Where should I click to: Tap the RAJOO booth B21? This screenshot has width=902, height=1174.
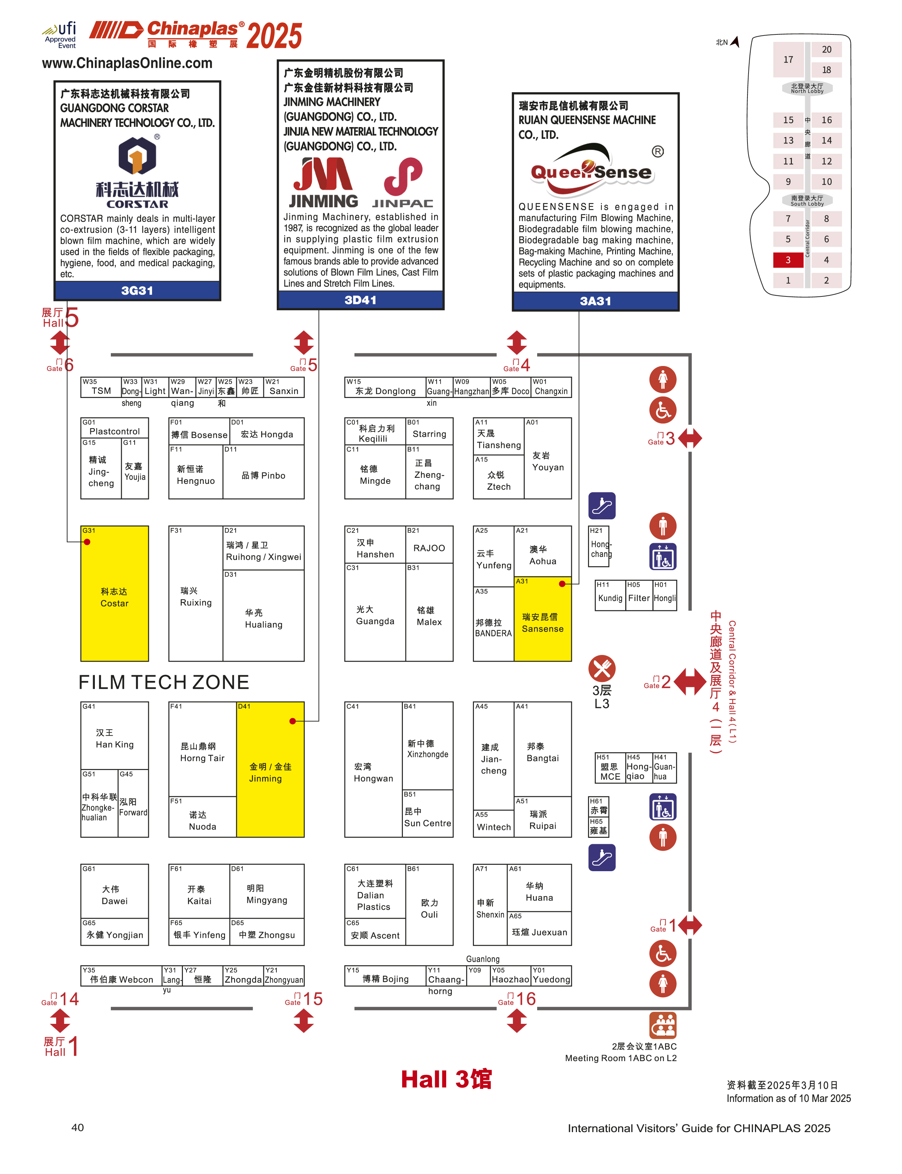pyautogui.click(x=429, y=544)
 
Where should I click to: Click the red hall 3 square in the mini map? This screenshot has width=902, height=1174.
pyautogui.click(x=788, y=260)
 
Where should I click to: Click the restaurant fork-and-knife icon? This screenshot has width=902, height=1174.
pyautogui.click(x=602, y=668)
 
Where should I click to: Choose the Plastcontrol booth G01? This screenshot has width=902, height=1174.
pyautogui.click(x=114, y=428)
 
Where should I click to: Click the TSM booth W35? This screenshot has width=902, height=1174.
pyautogui.click(x=101, y=387)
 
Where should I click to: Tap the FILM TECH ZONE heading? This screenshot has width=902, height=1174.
pyautogui.click(x=164, y=682)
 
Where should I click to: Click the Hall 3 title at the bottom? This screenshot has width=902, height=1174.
pyautogui.click(x=446, y=1079)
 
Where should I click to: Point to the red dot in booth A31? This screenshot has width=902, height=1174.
pyautogui.click(x=562, y=584)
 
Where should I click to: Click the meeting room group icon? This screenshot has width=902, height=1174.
pyautogui.click(x=663, y=1025)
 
